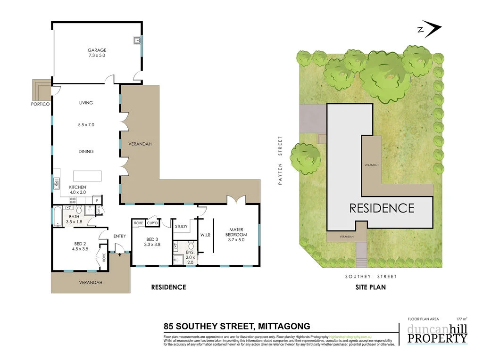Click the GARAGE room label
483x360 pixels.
[x=97, y=50]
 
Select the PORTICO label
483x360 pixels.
[x=41, y=104]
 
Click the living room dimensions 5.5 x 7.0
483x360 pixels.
[x=86, y=125]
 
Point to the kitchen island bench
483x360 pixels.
[x=87, y=176]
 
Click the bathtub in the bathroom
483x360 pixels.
[x=57, y=216]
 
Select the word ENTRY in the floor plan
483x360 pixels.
[x=120, y=236]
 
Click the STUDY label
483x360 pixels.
[x=181, y=227]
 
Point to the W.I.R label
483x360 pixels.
[x=205, y=234]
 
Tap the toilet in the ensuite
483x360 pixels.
[x=190, y=245]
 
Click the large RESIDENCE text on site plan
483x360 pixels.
[x=382, y=208]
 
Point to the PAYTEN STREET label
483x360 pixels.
[x=280, y=160]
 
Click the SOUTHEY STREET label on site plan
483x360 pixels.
[x=371, y=277]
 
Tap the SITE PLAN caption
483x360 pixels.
[x=371, y=286]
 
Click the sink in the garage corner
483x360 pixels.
[x=137, y=41]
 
